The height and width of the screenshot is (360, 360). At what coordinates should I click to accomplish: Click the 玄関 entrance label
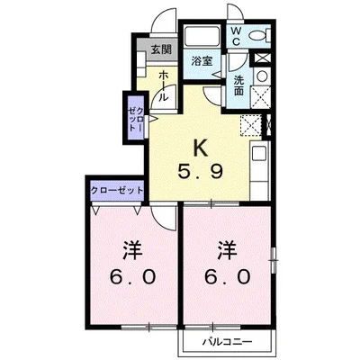tap(160, 50)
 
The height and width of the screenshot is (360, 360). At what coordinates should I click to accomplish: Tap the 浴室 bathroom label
tap(201, 61)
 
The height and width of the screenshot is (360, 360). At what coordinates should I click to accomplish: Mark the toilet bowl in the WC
tap(258, 36)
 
